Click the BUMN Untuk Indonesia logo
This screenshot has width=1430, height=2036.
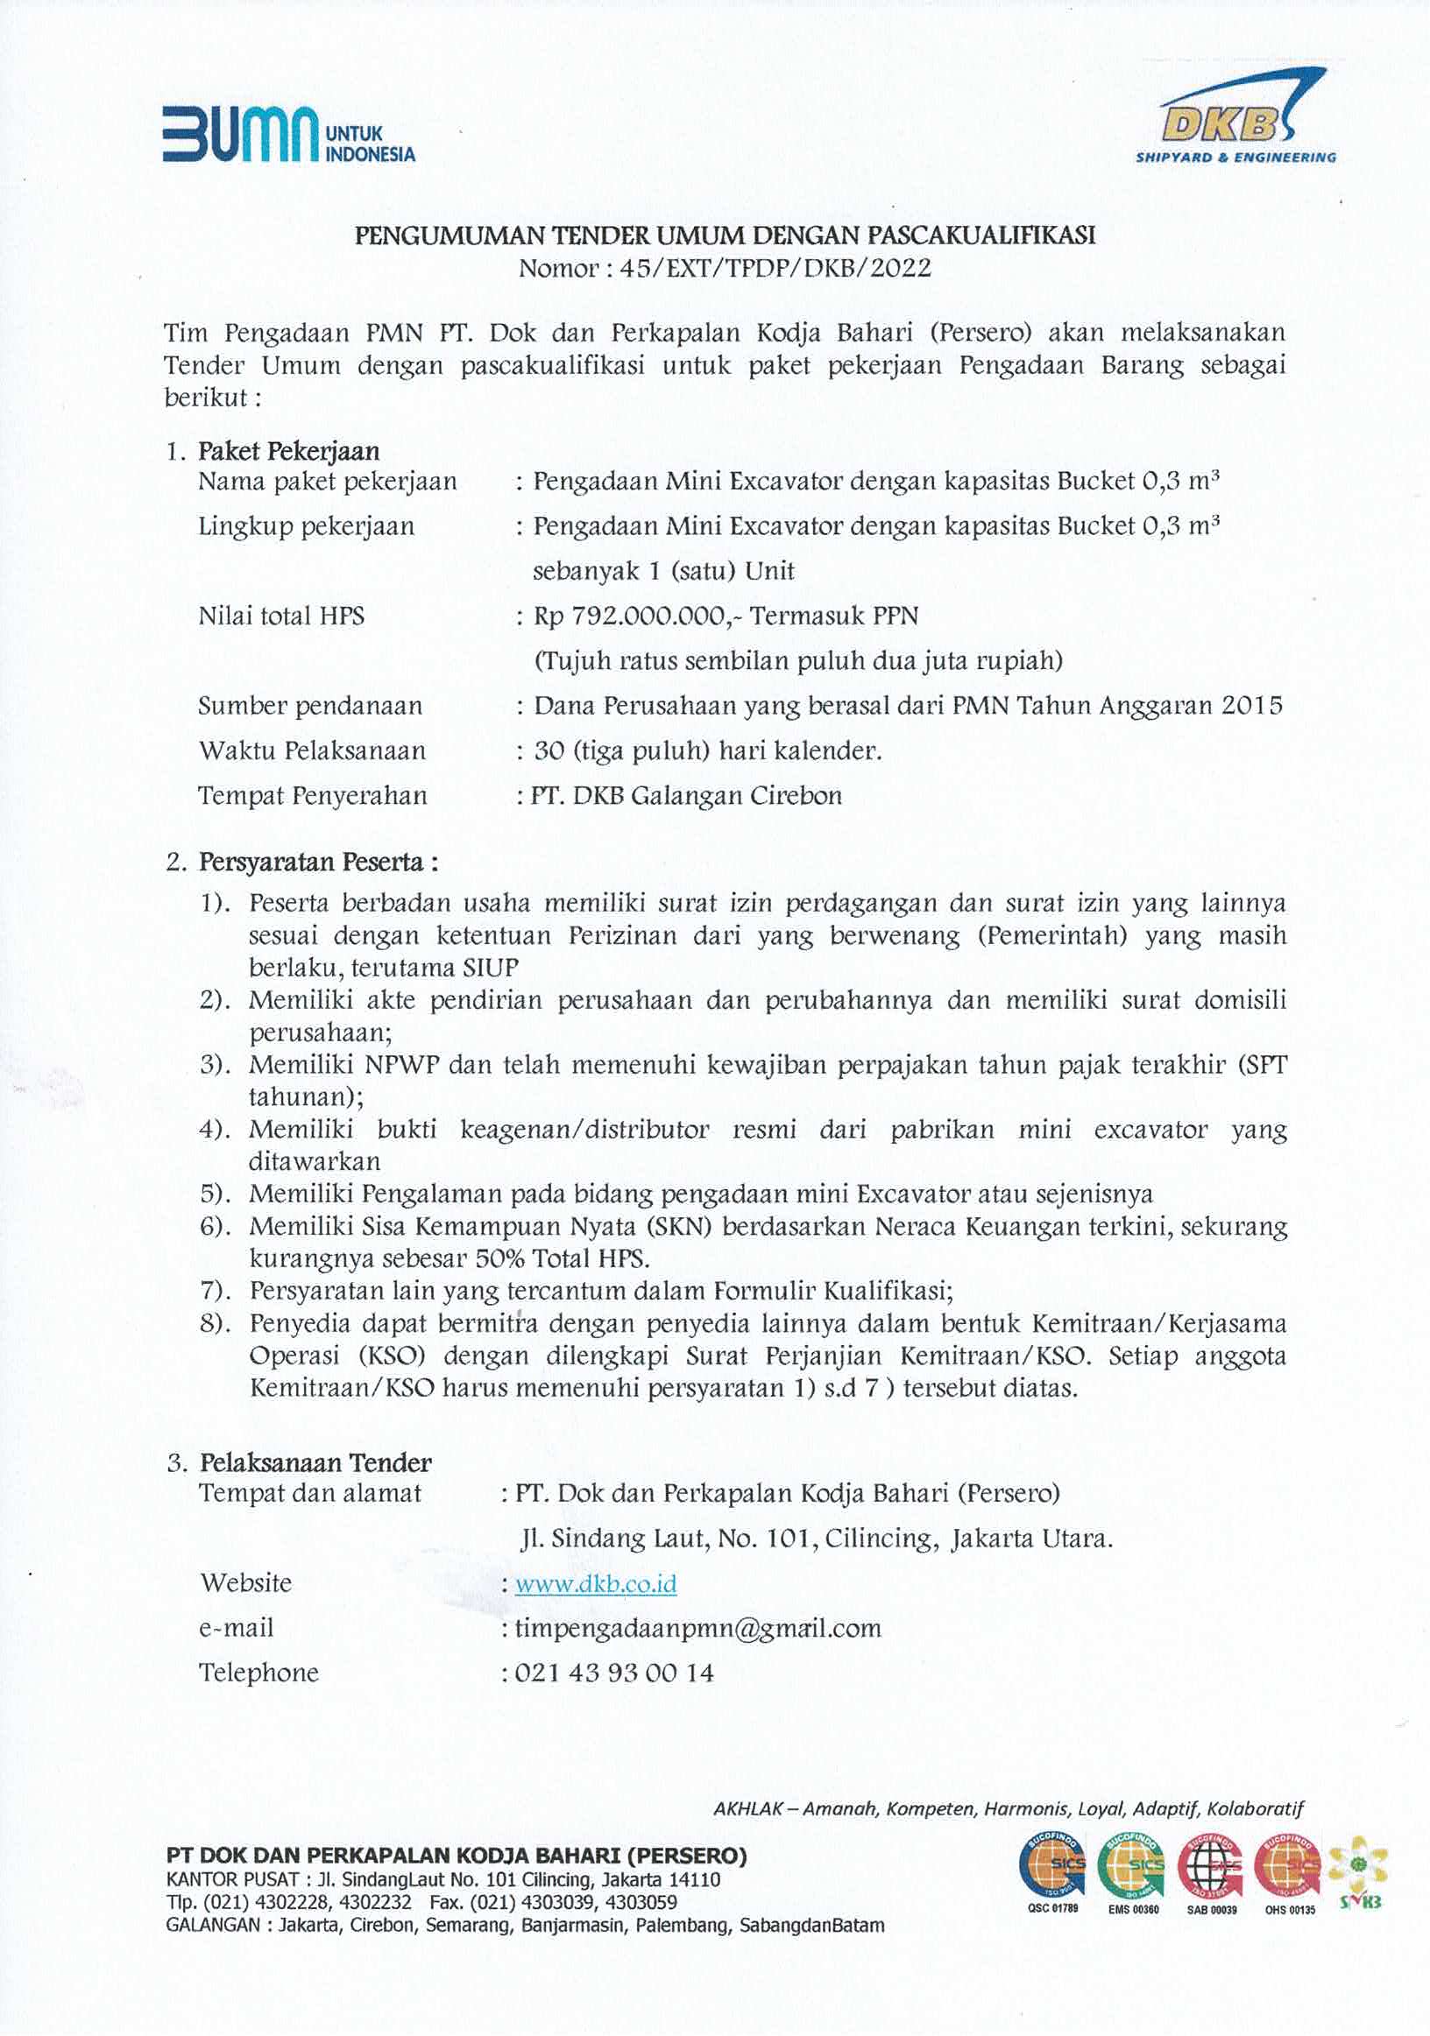pyautogui.click(x=287, y=136)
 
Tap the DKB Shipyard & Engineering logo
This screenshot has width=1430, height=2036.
pyautogui.click(x=1235, y=124)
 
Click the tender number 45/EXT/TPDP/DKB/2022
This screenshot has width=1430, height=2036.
pyautogui.click(x=775, y=268)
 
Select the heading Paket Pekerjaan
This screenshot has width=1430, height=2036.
pyautogui.click(x=288, y=451)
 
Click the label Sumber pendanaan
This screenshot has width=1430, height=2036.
pyautogui.click(x=309, y=706)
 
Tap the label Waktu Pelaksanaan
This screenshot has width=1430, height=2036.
pyautogui.click(x=312, y=751)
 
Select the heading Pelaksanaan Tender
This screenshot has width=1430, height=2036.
pyautogui.click(x=315, y=1462)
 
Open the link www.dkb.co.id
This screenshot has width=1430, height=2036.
pyautogui.click(x=595, y=1584)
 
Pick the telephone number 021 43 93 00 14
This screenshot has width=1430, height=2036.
pyautogui.click(x=614, y=1673)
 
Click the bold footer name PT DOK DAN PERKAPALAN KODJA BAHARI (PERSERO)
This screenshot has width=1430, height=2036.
pyautogui.click(x=456, y=1855)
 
